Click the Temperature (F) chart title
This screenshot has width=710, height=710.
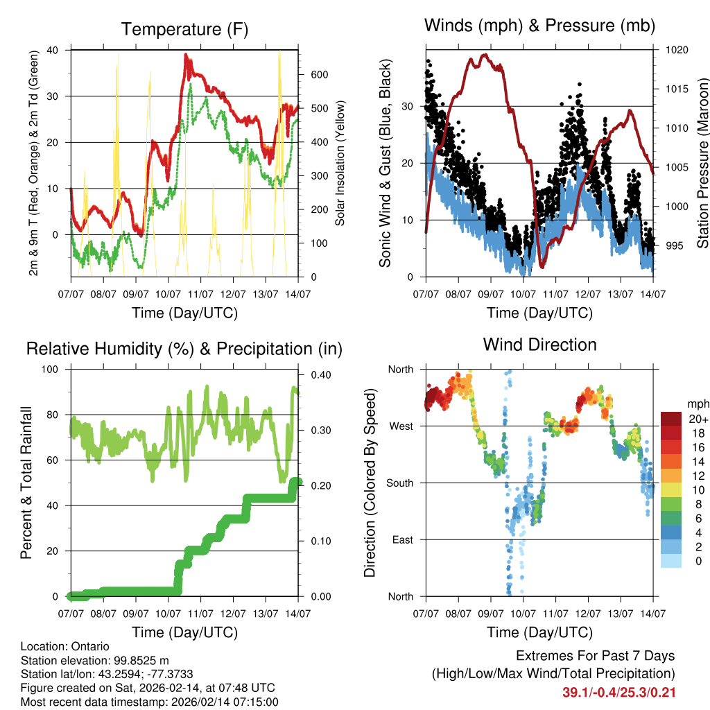pyautogui.click(x=184, y=29)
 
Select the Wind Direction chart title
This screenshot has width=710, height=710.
pyautogui.click(x=539, y=345)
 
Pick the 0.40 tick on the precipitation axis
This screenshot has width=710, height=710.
pyautogui.click(x=315, y=375)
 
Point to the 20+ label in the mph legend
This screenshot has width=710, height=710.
pyautogui.click(x=698, y=419)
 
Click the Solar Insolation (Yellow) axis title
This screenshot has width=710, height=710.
pyautogui.click(x=340, y=164)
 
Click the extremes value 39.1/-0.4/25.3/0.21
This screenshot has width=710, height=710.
pyautogui.click(x=618, y=692)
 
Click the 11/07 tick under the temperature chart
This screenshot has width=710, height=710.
pyautogui.click(x=201, y=295)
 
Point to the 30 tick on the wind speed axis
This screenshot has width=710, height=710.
pyautogui.click(x=408, y=106)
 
